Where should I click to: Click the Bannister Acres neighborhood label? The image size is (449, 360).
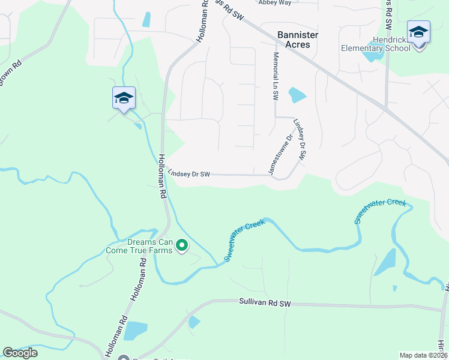click(x=298, y=40)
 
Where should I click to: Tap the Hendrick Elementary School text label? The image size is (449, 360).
click(x=375, y=44)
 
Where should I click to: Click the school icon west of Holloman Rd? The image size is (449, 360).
click(x=124, y=98)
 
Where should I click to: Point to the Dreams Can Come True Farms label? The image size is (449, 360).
click(x=139, y=246)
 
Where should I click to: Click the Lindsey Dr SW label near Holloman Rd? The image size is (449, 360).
click(x=188, y=174)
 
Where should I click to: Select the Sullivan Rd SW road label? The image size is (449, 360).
click(x=264, y=304)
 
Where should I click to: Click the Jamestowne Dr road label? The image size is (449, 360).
click(x=280, y=154)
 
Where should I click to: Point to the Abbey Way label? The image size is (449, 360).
click(x=274, y=2)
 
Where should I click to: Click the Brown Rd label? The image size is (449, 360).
click(x=10, y=72)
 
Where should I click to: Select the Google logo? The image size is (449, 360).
click(x=20, y=353)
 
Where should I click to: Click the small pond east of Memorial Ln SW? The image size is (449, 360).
click(x=297, y=95)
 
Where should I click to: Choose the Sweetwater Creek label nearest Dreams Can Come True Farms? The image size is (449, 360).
click(x=244, y=240)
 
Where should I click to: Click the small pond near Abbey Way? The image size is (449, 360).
click(x=146, y=19)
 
